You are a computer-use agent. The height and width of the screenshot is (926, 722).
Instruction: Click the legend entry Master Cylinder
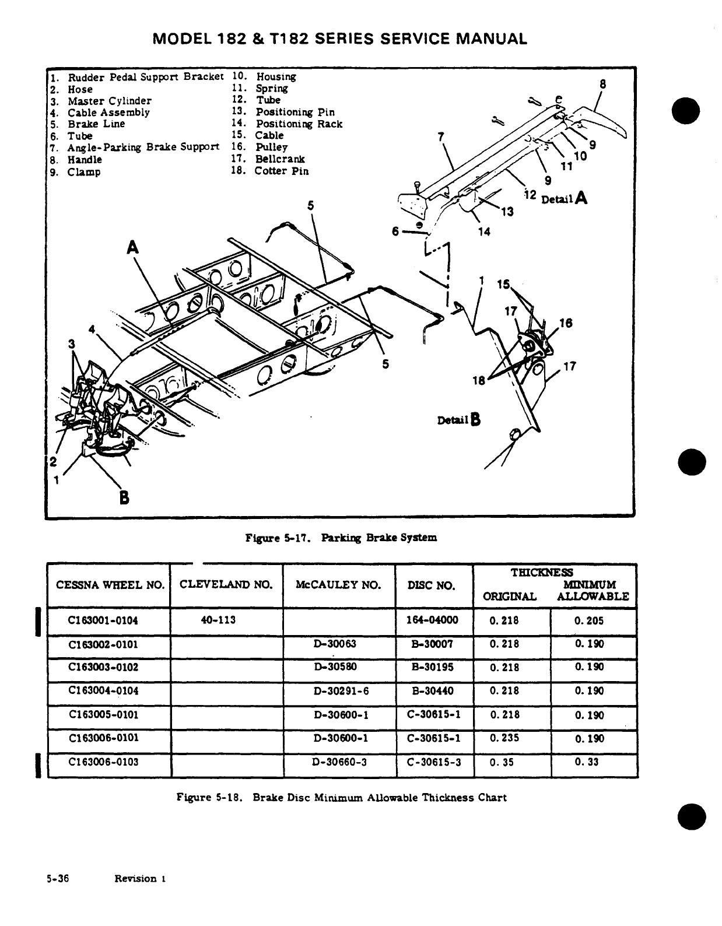tap(109, 101)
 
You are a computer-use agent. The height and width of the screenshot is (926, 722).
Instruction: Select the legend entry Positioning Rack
tap(299, 124)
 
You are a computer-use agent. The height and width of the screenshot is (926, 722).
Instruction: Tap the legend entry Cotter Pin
tap(281, 171)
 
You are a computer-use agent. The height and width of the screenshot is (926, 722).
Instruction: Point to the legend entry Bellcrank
tap(279, 159)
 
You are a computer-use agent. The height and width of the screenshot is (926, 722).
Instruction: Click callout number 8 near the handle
tap(603, 84)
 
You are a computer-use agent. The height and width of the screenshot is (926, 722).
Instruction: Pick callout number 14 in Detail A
tap(484, 232)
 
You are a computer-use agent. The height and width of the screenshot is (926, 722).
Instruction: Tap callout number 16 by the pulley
tap(565, 323)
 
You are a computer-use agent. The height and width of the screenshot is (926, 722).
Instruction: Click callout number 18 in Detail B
tap(479, 381)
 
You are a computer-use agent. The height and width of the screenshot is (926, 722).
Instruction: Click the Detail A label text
tap(564, 199)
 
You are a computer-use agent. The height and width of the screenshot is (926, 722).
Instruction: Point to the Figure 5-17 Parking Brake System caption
tap(341, 538)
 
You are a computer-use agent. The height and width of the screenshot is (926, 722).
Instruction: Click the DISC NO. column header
tap(432, 585)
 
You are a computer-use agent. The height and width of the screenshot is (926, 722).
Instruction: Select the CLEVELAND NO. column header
tap(226, 584)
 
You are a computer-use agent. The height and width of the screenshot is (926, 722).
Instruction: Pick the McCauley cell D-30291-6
tap(341, 691)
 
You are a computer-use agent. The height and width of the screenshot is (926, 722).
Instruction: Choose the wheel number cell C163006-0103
tap(104, 762)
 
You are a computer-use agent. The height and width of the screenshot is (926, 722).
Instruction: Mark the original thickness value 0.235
tap(504, 738)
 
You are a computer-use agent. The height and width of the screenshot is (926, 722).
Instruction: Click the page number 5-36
tap(58, 878)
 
